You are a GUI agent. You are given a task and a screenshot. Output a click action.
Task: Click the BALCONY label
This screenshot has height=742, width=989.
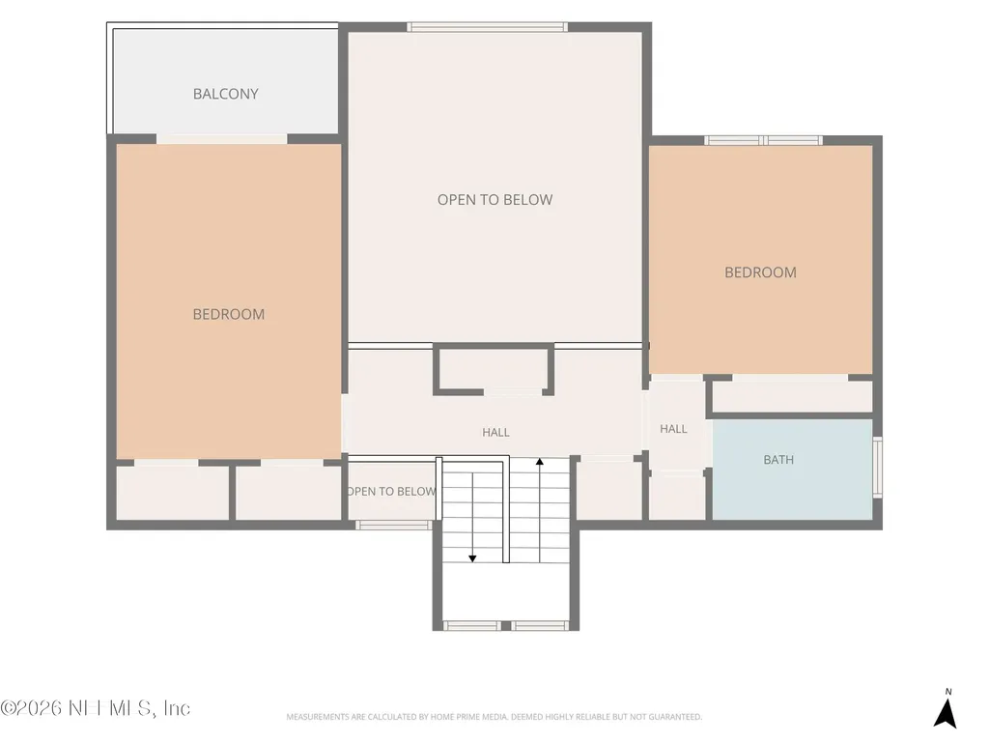225,94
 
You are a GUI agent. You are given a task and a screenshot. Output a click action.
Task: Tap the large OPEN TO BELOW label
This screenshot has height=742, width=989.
494,200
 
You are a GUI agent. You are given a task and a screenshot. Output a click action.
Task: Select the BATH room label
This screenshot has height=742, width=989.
778,460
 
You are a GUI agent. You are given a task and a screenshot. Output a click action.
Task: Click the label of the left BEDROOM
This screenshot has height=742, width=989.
228,314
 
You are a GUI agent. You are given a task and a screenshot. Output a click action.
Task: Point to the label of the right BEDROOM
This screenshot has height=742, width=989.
760,272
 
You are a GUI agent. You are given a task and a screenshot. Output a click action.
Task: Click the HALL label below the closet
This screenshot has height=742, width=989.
495,432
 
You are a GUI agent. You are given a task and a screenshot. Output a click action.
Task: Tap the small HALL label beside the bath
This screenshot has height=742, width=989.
673,429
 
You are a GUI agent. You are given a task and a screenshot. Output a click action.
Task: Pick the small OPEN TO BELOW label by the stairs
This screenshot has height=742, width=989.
391,492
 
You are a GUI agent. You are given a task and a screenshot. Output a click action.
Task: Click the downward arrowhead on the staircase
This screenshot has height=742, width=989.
471,558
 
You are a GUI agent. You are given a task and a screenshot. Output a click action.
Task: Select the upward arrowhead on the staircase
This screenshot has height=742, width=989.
539,463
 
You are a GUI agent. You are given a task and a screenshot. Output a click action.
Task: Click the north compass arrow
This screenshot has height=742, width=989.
946,713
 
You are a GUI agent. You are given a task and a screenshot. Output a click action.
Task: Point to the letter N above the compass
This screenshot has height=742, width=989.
948,692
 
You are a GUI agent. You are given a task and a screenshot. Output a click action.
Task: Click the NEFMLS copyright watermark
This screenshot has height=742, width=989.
96,708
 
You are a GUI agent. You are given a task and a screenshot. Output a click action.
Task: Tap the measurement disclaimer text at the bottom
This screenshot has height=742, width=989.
494,717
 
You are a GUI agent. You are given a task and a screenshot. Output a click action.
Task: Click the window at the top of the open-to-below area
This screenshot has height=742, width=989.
487,27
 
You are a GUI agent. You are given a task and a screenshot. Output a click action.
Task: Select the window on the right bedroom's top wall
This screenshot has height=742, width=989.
763,140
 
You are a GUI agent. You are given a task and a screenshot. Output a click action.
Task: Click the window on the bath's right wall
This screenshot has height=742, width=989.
877,467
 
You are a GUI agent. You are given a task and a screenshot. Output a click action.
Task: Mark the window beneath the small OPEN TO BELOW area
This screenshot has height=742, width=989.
394,525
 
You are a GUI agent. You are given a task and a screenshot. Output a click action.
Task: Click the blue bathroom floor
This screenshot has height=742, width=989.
792,471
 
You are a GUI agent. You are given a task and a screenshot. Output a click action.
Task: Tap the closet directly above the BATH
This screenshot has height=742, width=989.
792,396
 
